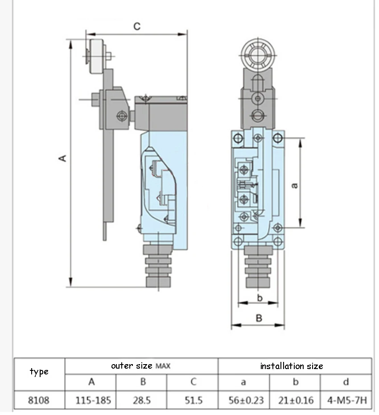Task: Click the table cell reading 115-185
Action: [x=93, y=400]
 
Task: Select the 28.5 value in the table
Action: [x=142, y=400]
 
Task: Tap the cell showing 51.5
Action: [x=194, y=400]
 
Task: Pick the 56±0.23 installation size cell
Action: [x=246, y=400]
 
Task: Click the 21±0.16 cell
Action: [x=296, y=400]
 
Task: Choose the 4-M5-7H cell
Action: [x=347, y=400]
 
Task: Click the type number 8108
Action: [x=39, y=400]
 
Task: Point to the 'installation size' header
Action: [x=292, y=366]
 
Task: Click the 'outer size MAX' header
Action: [x=141, y=366]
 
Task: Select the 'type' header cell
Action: [x=39, y=372]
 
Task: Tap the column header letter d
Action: [x=346, y=382]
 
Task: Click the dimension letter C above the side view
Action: [x=137, y=26]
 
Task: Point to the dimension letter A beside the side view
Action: [x=63, y=158]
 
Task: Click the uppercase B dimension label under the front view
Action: [x=259, y=318]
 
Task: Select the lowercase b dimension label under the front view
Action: [x=260, y=298]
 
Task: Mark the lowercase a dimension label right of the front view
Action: [x=294, y=186]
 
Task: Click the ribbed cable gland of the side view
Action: [x=158, y=266]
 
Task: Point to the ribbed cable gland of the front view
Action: [x=258, y=266]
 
